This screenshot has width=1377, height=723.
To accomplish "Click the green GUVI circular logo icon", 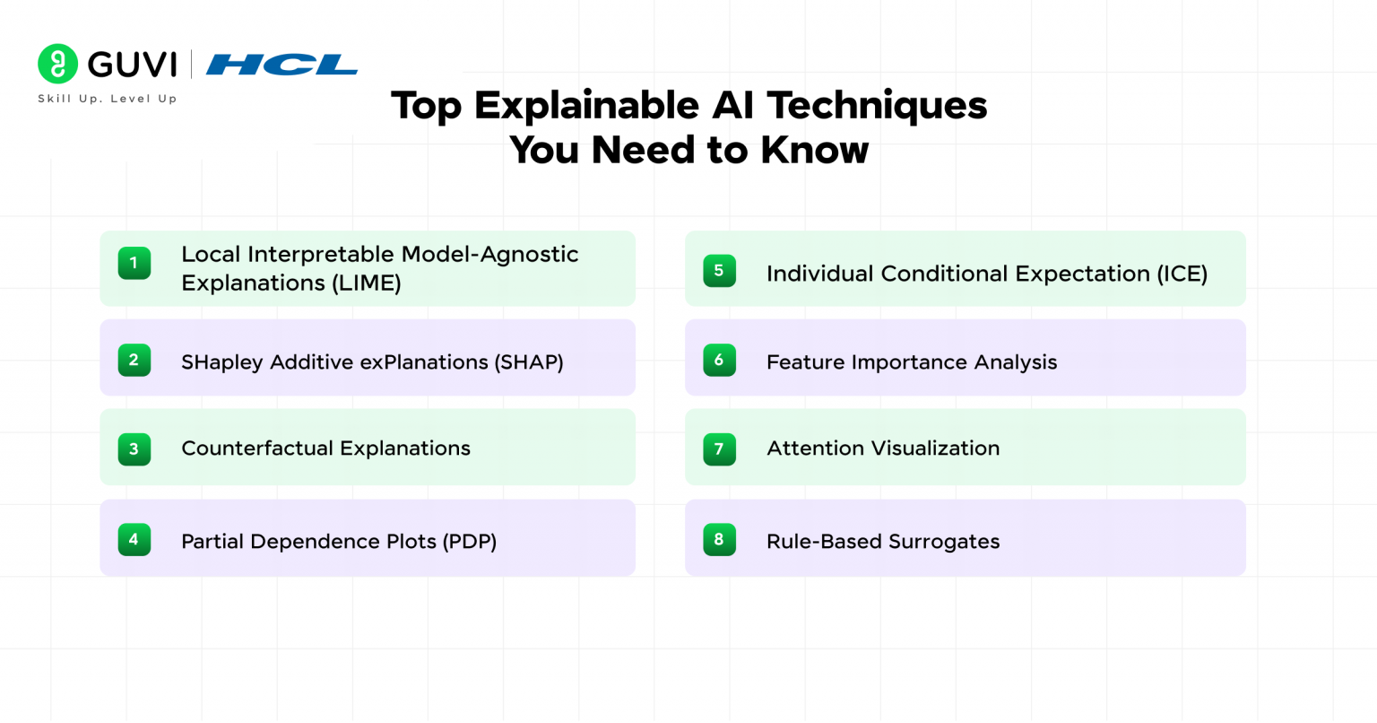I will tap(58, 64).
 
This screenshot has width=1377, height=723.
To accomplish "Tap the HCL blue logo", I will tap(281, 65).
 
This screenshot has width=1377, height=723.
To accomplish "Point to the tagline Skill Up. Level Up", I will tap(108, 99).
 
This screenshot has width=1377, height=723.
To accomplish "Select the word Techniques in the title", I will tap(877, 106).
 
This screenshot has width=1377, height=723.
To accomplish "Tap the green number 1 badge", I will tap(134, 263).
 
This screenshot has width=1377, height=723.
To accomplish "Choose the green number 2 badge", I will tap(134, 360).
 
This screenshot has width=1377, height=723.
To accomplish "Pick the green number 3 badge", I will tap(134, 449).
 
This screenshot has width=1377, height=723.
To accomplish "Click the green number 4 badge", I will tap(134, 539).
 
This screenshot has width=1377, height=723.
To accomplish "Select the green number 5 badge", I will tap(719, 271).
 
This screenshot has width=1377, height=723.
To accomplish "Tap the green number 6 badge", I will tap(719, 360).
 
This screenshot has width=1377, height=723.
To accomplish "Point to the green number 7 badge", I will tap(719, 449).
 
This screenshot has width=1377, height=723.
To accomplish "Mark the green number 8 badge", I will tap(719, 539).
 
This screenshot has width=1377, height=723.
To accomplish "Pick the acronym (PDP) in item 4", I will tap(469, 542).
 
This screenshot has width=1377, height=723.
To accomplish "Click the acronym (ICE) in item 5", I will tap(1182, 274).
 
